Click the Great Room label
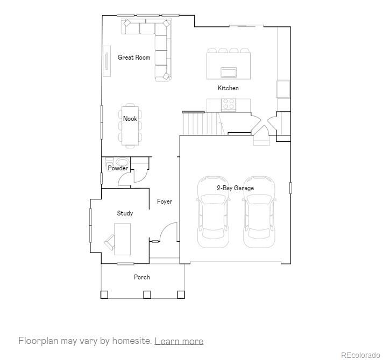134,57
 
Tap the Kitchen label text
228,88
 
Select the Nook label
130,119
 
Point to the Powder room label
118,168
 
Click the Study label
125,213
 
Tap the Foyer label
165,201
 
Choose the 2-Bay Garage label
235,188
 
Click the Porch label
142,277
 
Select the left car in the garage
213,212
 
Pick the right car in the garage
259,212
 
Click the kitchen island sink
229,71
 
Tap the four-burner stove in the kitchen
229,103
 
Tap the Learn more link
179,341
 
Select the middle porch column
146,294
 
